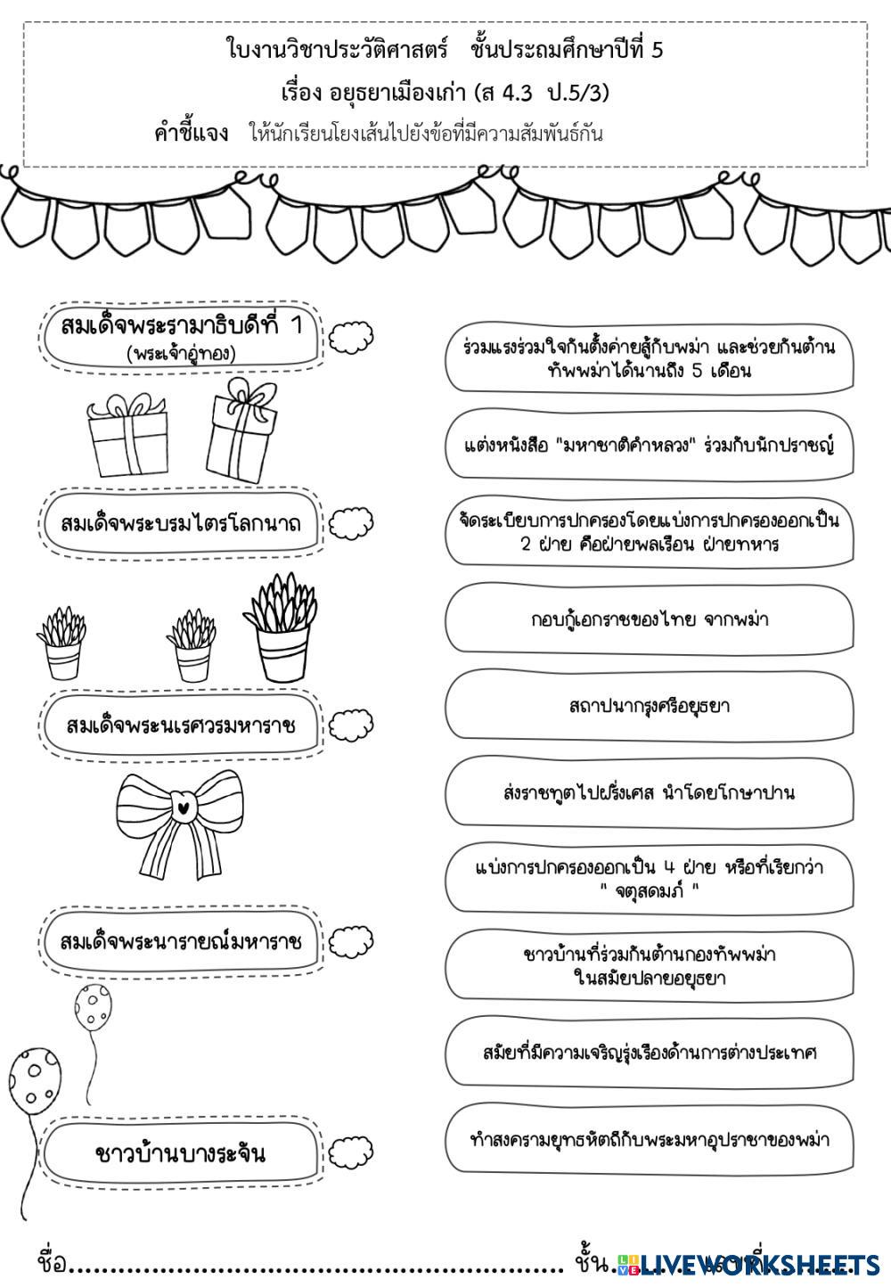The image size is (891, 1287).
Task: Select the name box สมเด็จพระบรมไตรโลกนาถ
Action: point(181,523)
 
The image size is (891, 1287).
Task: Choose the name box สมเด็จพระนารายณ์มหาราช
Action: point(181,942)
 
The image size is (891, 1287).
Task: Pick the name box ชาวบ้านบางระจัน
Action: point(181,1153)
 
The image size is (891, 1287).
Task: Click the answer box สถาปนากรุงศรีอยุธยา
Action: point(649,706)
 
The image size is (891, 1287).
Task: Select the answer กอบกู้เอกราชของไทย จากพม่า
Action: point(649,619)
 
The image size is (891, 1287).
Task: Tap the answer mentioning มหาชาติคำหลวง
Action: point(649,445)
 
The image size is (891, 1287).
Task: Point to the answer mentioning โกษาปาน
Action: point(649,792)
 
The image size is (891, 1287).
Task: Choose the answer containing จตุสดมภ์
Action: point(649,878)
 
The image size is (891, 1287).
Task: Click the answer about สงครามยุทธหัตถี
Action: point(649,1140)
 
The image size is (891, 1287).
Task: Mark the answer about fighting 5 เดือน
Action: point(649,358)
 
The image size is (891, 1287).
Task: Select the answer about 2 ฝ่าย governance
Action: point(649,531)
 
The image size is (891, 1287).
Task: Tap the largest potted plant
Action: point(280,626)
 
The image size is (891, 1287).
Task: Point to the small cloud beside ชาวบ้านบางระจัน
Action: point(350,1153)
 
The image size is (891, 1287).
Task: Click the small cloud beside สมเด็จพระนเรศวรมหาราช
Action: point(350,726)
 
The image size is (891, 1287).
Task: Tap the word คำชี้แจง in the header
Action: point(191,134)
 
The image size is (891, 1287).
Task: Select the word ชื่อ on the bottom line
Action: point(52,1263)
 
